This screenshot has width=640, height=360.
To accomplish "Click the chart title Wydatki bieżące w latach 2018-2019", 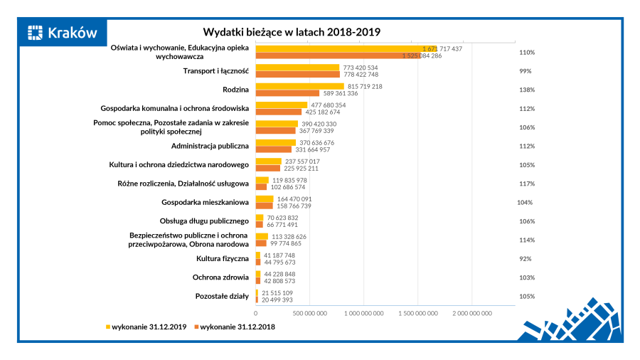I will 292,32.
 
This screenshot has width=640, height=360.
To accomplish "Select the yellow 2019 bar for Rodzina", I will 299,86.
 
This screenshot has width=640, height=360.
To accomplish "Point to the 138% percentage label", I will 526,90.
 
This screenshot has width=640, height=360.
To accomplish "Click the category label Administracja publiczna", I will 210,146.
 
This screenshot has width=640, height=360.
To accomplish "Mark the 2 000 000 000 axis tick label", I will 471,312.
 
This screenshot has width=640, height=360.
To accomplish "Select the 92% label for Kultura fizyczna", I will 526,259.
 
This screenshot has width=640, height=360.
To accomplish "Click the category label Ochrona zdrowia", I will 220,277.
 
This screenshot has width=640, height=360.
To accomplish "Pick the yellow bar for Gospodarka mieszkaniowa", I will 265,198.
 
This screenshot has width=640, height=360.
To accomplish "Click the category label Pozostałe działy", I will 221,296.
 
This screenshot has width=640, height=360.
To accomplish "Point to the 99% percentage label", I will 526,71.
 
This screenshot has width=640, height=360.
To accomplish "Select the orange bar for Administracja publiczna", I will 274,149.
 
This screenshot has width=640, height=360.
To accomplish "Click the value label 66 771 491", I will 282,224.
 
